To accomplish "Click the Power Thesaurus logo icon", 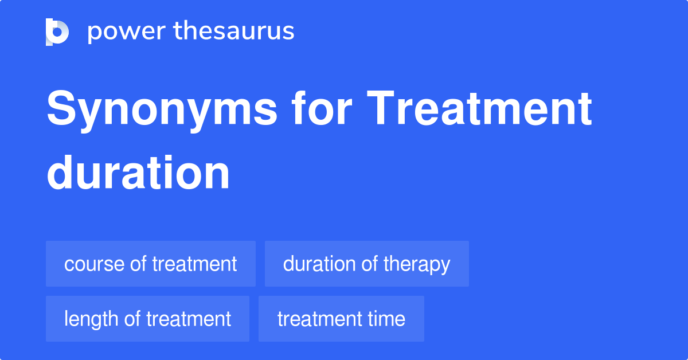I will click(57, 32).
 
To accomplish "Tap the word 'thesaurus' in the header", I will click(234, 32).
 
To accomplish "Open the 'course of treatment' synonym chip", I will click(150, 264).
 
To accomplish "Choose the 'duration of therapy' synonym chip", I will click(366, 264).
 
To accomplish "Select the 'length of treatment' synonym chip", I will click(147, 319).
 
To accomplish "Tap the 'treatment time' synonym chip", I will click(341, 319).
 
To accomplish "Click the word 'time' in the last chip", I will click(387, 319).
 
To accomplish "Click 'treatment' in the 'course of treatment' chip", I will click(194, 264).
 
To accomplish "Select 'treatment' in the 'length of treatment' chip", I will click(189, 319).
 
